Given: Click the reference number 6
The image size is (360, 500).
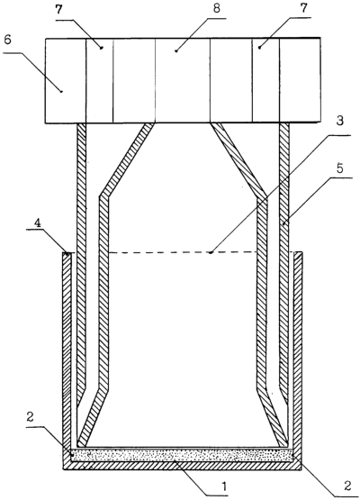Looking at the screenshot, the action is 8,41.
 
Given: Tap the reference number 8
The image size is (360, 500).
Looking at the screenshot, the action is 216,9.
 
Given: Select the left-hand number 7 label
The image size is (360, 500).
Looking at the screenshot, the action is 58,9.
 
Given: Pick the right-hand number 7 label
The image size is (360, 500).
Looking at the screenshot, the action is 304,7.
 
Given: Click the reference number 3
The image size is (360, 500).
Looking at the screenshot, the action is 340,121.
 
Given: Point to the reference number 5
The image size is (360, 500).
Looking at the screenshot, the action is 340,168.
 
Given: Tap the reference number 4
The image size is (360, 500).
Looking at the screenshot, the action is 38,224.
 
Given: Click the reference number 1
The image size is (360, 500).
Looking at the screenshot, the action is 224,486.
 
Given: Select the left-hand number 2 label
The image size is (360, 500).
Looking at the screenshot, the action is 31,417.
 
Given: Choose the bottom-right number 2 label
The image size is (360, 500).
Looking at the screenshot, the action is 346,486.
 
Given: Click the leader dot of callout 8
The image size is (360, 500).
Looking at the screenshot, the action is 176,50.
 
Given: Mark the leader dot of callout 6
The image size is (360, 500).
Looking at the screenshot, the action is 61,91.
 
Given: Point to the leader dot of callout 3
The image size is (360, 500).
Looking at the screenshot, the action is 211,252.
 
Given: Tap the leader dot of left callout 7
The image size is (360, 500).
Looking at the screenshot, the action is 102,48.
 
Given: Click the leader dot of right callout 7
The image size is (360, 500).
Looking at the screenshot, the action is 259,48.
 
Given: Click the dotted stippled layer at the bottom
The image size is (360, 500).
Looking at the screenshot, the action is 182,454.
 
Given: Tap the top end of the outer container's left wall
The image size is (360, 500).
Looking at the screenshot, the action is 67,253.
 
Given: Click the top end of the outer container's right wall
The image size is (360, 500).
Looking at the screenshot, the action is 298,253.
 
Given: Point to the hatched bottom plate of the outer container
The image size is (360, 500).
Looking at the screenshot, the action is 182,465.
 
